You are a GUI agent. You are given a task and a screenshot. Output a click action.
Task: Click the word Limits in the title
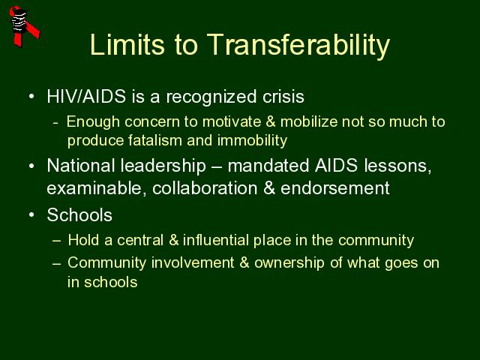coord(127,45)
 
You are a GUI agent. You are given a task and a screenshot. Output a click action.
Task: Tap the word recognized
coord(211,97)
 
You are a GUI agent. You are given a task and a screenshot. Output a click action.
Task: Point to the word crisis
coord(283,97)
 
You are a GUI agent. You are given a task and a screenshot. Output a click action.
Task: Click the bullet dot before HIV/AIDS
coord(31,97)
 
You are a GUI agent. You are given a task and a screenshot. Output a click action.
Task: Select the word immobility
coord(252,141)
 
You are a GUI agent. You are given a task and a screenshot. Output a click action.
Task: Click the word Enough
coord(93,121)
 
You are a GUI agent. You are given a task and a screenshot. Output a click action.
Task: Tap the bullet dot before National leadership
coord(31,166)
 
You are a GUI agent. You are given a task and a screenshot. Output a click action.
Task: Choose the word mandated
coord(268,166)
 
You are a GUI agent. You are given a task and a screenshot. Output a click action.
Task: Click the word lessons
coord(397,166)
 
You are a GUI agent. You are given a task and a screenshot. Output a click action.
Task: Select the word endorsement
coord(335,188)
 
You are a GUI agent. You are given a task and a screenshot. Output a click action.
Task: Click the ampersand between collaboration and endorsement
coord(269,188)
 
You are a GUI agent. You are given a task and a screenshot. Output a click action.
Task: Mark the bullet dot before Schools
coord(31,215)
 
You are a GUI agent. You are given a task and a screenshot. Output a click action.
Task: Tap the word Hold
coord(83,240)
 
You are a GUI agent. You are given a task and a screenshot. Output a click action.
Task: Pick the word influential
coord(215,240)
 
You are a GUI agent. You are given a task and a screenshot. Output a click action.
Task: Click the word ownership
coord(289,263)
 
